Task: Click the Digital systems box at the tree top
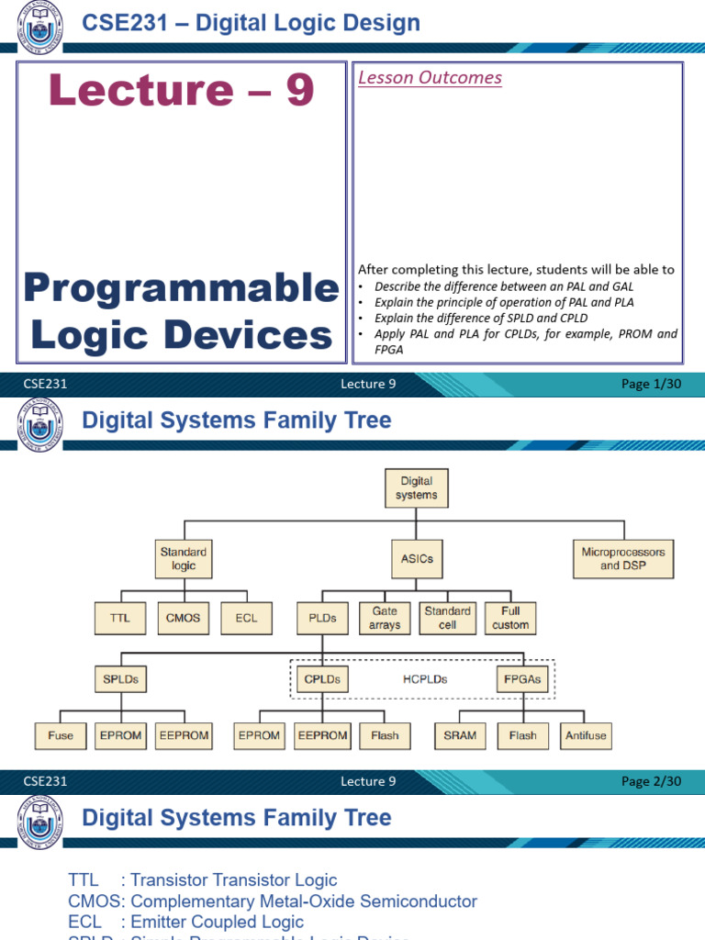(417, 487)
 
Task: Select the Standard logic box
(184, 559)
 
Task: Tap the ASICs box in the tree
(417, 558)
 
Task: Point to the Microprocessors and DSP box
(623, 558)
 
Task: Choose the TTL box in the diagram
(119, 618)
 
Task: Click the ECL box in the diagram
(246, 618)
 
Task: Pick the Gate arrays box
(385, 618)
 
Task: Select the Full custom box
(510, 618)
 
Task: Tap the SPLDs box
(120, 680)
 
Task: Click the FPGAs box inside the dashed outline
(522, 680)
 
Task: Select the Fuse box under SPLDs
(61, 735)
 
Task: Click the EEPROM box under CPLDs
(322, 735)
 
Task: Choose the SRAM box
(460, 735)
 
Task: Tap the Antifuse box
(586, 735)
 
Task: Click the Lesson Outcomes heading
(430, 78)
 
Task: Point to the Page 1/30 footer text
(651, 385)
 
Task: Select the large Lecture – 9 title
(182, 90)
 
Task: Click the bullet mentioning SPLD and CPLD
(481, 318)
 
